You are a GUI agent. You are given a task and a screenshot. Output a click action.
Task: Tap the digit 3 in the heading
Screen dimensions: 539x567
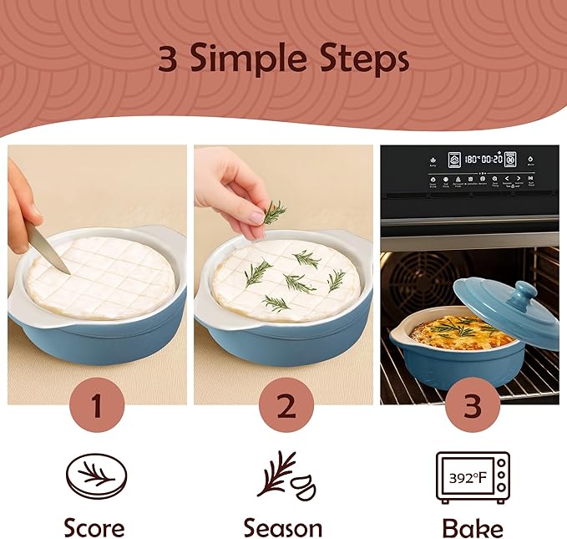169,60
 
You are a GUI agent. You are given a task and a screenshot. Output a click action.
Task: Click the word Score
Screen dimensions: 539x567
94,527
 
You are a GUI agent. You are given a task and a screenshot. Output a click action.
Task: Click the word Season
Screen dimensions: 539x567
283,527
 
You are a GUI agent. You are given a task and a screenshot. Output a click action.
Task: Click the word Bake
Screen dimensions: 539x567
473,527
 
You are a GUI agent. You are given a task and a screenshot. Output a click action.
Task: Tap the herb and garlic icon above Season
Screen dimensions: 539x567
283,475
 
